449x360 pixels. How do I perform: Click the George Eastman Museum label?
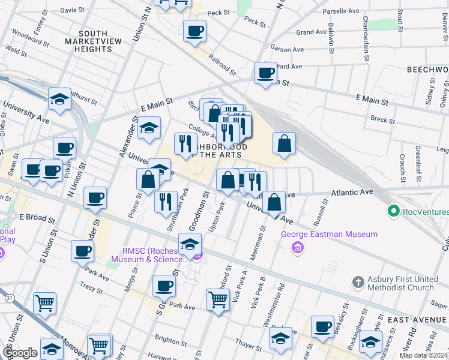(x=330, y=234)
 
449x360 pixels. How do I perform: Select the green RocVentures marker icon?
(x=394, y=211)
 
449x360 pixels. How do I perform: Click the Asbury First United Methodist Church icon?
(x=358, y=282)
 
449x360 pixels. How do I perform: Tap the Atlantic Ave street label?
(x=352, y=192)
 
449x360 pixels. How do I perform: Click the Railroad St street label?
(x=221, y=64)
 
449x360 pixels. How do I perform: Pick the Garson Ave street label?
(x=285, y=47)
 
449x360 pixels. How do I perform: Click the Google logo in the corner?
(x=19, y=353)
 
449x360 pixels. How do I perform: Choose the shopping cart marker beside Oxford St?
(x=218, y=299)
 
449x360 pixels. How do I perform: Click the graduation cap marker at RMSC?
(x=190, y=244)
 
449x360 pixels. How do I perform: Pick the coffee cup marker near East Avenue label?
(x=322, y=326)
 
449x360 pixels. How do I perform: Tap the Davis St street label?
(x=72, y=10)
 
